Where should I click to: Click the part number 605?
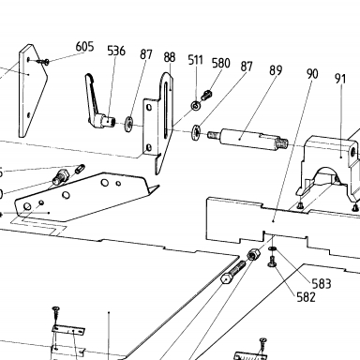[x=84, y=47]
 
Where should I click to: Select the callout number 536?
[x=116, y=51]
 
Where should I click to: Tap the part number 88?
[x=170, y=57]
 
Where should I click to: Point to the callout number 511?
[x=196, y=60]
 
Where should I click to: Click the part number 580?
[x=221, y=63]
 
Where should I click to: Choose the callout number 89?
[x=276, y=70]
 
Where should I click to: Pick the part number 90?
[x=312, y=74]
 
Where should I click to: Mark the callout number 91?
[x=340, y=79]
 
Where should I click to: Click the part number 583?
[x=322, y=284]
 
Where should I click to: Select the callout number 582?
[x=306, y=297]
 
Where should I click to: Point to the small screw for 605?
[x=43, y=62]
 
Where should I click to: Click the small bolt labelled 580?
[x=206, y=95]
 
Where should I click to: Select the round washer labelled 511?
[x=196, y=106]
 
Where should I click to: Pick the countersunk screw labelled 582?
[x=271, y=262]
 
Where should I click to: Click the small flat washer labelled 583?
[x=272, y=248]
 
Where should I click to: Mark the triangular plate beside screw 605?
[x=33, y=91]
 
